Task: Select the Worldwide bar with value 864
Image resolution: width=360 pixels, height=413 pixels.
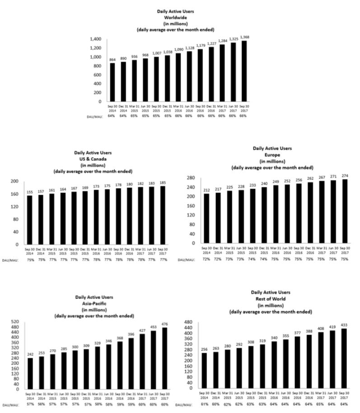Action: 112,83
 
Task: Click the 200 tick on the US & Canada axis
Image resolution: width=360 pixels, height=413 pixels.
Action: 14,181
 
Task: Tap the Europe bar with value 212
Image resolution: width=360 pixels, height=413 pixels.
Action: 207,218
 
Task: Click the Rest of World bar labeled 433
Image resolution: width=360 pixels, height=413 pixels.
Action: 344,358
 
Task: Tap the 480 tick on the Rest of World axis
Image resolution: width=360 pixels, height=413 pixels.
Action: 190,322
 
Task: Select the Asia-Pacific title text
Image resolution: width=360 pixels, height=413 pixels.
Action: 94,304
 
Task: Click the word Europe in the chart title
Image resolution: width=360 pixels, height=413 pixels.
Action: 272,154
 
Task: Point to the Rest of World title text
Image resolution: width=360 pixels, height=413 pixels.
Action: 271,299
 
